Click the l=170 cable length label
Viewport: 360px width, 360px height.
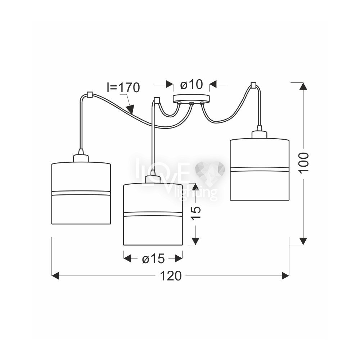point(123,88)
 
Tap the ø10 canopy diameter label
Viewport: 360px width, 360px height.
point(192,84)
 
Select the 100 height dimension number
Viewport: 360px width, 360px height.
point(304,162)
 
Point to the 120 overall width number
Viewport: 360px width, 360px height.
point(171,276)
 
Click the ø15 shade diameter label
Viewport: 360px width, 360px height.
point(153,259)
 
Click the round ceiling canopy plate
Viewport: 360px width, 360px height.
point(191,98)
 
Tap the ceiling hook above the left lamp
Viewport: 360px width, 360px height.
point(89,95)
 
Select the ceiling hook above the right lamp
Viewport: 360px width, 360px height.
point(253,85)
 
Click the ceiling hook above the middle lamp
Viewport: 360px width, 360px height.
point(157,100)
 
